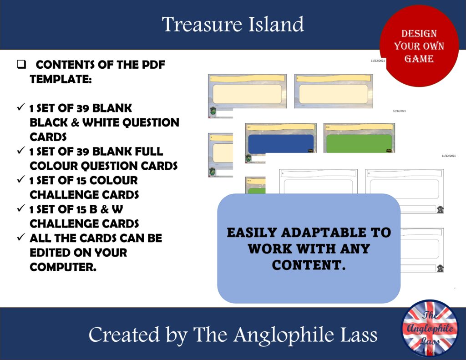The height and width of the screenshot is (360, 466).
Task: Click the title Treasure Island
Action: pyautogui.click(x=233, y=24)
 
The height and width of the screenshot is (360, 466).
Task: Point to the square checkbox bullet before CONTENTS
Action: pyautogui.click(x=20, y=65)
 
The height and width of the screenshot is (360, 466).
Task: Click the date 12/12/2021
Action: pyautogui.click(x=399, y=111)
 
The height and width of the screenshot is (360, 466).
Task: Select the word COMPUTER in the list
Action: pyautogui.click(x=62, y=267)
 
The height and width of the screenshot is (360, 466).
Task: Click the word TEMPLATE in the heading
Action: pyautogui.click(x=60, y=79)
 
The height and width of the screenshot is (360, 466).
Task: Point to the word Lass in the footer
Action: pyautogui.click(x=359, y=335)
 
